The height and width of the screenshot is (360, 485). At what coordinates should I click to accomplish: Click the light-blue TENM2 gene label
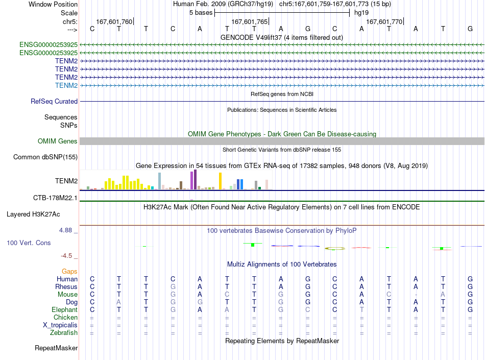tap(66, 85)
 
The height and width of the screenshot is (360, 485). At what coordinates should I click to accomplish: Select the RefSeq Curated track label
tap(54, 101)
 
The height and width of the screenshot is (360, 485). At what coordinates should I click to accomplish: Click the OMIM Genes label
tap(57, 141)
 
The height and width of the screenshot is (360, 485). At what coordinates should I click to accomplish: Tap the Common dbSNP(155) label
tap(45, 157)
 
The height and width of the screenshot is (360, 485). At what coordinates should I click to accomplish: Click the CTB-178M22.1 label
tap(55, 198)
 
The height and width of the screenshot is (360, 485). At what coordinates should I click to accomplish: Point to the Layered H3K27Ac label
tap(33, 214)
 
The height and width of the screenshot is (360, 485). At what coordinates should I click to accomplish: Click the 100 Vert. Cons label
tap(29, 243)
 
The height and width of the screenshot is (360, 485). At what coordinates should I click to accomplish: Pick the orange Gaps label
tap(69, 271)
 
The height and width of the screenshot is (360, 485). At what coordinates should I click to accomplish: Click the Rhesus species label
tap(66, 286)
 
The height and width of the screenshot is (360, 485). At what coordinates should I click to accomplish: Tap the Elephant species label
tap(64, 309)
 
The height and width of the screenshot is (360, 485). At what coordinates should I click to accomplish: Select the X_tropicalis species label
tap(60, 325)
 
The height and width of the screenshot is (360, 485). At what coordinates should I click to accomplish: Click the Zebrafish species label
tap(64, 332)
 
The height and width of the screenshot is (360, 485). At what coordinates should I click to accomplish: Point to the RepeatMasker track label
tap(56, 348)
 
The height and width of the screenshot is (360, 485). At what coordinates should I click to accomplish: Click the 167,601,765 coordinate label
tap(249, 21)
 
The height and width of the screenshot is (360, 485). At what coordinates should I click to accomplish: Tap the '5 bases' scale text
tap(201, 13)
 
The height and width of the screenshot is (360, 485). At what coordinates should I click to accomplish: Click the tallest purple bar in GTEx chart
tap(195, 179)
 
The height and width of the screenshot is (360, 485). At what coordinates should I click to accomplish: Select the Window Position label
tap(53, 4)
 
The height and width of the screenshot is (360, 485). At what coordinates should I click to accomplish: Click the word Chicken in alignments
tap(65, 317)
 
